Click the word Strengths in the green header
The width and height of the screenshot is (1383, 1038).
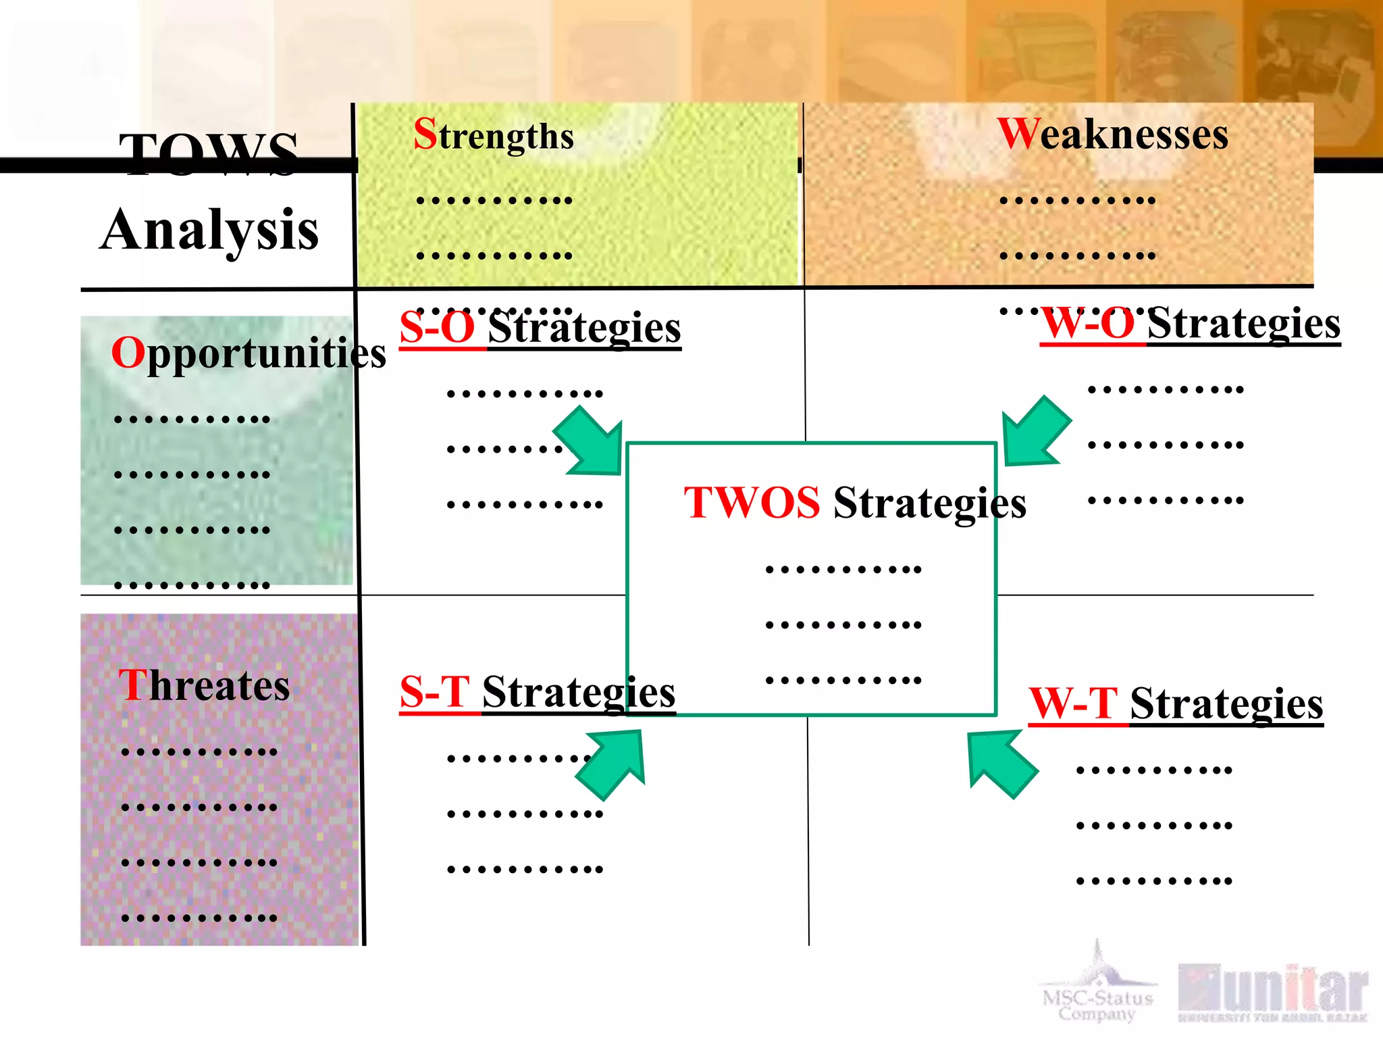494,134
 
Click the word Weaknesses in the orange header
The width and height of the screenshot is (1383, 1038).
1112,134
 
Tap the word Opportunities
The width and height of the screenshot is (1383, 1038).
248,353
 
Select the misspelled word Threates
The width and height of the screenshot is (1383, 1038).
204,685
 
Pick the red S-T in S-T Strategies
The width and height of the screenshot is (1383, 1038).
434,692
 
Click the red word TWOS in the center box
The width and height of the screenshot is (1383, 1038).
752,503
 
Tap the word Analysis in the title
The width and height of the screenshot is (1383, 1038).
209,230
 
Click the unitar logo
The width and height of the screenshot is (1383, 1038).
1273,992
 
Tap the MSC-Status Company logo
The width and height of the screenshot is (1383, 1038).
1098,987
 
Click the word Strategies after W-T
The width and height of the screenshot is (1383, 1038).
1226,703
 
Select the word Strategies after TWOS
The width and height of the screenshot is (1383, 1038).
929,503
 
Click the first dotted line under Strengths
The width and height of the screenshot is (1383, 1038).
494,200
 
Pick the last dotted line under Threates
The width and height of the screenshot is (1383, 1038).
199,918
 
